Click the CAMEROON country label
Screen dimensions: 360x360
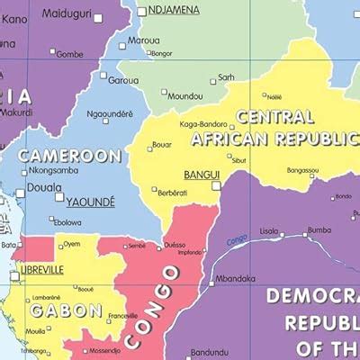70,156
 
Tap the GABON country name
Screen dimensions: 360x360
66,310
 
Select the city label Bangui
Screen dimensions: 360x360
201,175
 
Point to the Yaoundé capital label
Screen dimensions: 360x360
90,202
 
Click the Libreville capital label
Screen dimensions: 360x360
41,269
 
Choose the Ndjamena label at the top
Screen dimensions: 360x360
173,11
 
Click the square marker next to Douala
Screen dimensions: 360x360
21,193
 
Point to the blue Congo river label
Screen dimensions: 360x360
237,239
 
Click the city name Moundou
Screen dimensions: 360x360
184,95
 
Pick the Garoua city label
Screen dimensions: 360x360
123,79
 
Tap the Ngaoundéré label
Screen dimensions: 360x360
110,114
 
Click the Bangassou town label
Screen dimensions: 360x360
302,170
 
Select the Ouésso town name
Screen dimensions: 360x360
175,244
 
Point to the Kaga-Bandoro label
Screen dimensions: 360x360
202,124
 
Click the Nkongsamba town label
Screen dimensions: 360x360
53,170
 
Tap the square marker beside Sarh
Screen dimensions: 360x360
213,81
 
